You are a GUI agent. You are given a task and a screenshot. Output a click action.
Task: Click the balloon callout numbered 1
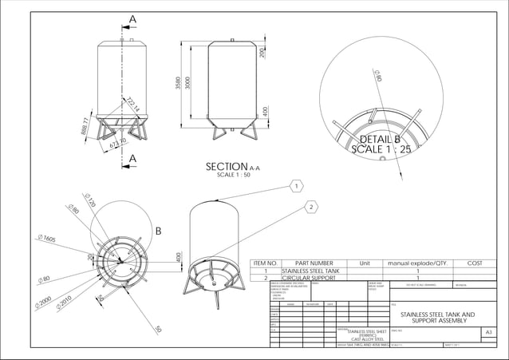pyautogui.click(x=295, y=185)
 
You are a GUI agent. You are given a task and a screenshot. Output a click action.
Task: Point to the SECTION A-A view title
pyautogui.click(x=232, y=167)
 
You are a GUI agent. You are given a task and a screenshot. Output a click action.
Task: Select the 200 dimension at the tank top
pyautogui.click(x=262, y=53)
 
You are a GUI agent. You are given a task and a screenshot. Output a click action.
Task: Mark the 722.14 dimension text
pyautogui.click(x=132, y=104)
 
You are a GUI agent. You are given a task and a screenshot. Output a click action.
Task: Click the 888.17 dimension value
pyautogui.click(x=85, y=126)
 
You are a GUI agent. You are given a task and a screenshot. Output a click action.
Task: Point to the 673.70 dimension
pyautogui.click(x=117, y=143)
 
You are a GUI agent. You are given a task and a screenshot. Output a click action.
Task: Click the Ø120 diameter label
pyautogui.click(x=89, y=200)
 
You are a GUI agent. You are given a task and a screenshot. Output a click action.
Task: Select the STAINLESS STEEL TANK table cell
pyautogui.click(x=308, y=271)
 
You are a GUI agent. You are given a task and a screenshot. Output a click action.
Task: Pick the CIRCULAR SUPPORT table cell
pyautogui.click(x=307, y=279)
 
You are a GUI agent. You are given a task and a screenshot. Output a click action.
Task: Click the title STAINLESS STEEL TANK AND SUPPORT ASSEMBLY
pyautogui.click(x=436, y=318)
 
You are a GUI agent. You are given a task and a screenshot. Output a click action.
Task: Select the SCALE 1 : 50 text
pyautogui.click(x=232, y=175)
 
